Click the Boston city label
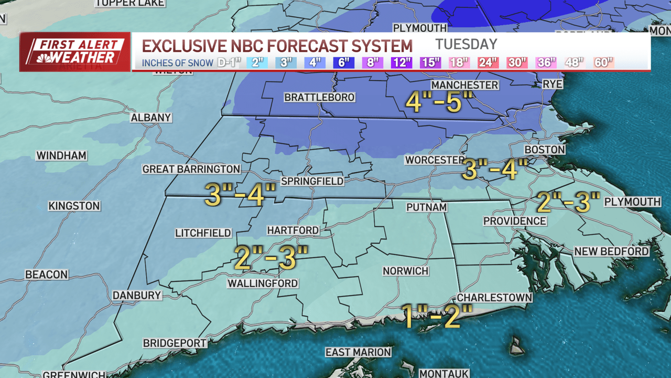(x=545, y=150)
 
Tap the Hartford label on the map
(x=293, y=230)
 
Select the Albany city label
(x=151, y=118)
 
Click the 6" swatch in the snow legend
(x=344, y=62)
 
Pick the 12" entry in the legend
(x=401, y=62)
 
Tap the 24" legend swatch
(x=488, y=62)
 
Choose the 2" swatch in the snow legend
(x=257, y=62)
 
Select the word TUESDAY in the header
(x=466, y=44)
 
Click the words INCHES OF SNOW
(x=177, y=63)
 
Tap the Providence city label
(x=514, y=221)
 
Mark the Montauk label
(x=443, y=373)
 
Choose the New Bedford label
(x=611, y=251)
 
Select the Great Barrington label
(x=191, y=169)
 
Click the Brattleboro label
(x=319, y=98)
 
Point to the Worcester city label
(x=435, y=160)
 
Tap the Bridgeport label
(x=175, y=343)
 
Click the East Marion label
(x=358, y=352)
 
